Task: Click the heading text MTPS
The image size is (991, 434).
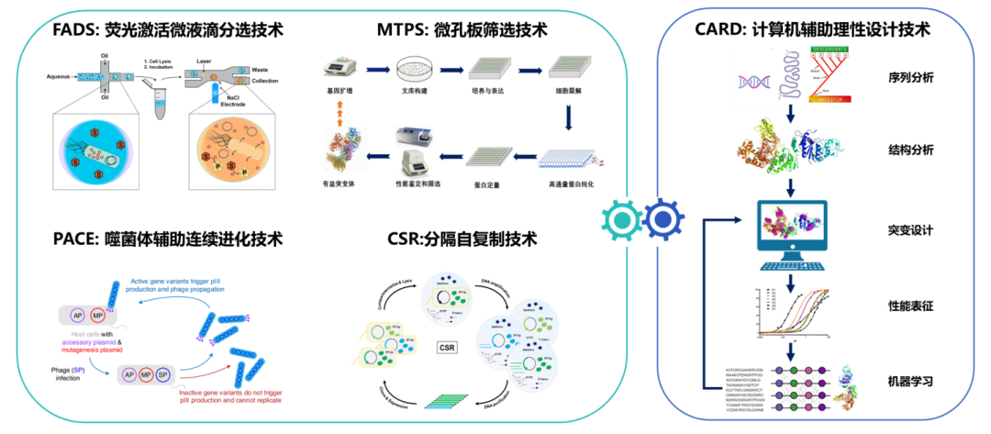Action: click(401, 30)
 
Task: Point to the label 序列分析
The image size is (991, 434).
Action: click(911, 77)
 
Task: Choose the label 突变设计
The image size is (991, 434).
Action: click(911, 230)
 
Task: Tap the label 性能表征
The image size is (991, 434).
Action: click(911, 304)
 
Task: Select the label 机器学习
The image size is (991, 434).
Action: click(911, 379)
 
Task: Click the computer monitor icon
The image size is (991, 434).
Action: click(790, 228)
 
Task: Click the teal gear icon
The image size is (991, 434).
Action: click(625, 219)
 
